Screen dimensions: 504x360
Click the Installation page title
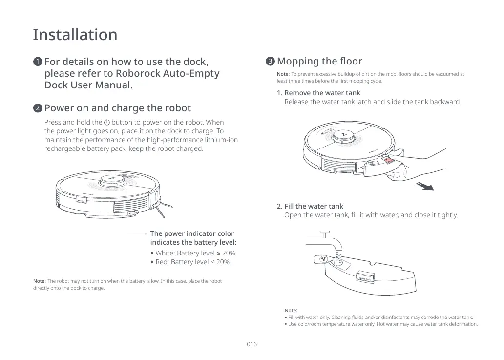75,35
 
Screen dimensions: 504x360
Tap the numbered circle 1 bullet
37,62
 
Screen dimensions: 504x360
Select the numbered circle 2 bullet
37,108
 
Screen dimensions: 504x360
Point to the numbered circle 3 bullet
270,62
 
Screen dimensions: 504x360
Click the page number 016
252,344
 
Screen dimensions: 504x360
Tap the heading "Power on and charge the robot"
117,108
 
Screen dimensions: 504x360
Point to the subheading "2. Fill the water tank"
310,206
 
